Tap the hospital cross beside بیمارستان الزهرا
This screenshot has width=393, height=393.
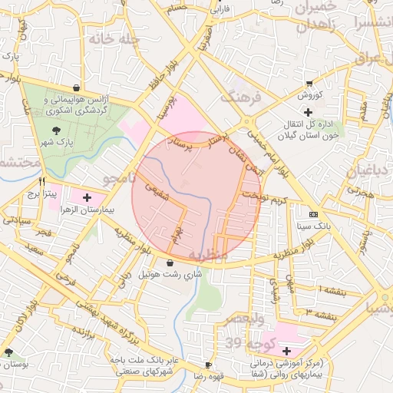[x=86, y=197]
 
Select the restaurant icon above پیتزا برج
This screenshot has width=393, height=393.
[x=42, y=183]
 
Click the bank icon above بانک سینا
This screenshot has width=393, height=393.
[x=312, y=214]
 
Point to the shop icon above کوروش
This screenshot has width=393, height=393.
[x=309, y=83]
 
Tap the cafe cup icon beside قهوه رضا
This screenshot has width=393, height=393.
[x=208, y=365]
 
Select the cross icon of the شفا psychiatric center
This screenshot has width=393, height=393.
[x=286, y=350]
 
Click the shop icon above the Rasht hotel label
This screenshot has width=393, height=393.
[x=170, y=263]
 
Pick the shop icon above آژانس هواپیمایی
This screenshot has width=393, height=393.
[x=76, y=88]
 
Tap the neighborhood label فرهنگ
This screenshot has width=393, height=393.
[x=241, y=97]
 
